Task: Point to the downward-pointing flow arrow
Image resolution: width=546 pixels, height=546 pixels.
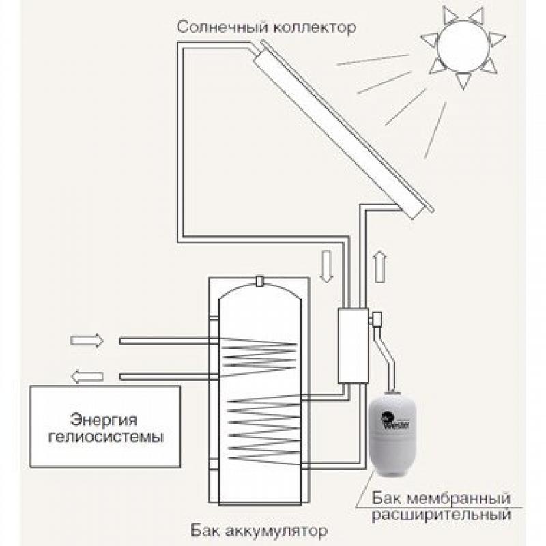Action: (x=326, y=265)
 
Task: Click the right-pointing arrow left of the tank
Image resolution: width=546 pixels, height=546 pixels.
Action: (x=87, y=340)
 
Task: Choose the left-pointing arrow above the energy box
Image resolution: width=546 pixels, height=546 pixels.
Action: (x=87, y=375)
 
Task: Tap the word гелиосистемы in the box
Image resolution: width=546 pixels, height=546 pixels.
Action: (x=106, y=437)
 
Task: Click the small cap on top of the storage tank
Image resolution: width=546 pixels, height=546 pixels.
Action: (x=259, y=281)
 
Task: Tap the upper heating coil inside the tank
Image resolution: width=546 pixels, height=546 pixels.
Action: (x=259, y=347)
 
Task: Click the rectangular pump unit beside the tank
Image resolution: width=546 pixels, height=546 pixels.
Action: (x=353, y=344)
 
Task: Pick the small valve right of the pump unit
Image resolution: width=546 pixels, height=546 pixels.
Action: (x=376, y=318)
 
